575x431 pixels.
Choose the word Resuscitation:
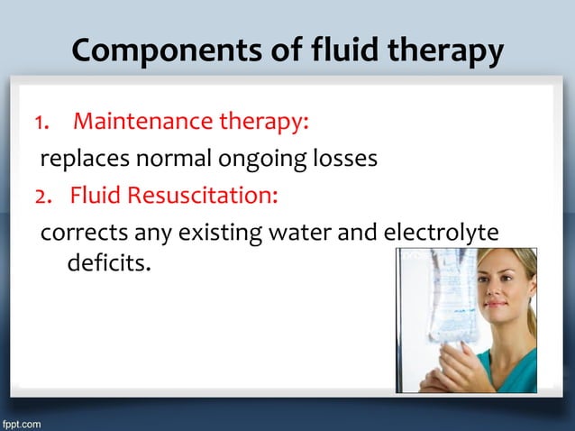pyautogui.click(x=208, y=194)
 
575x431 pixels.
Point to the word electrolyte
pyautogui.click(x=442, y=234)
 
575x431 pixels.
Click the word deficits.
pyautogui.click(x=106, y=265)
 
